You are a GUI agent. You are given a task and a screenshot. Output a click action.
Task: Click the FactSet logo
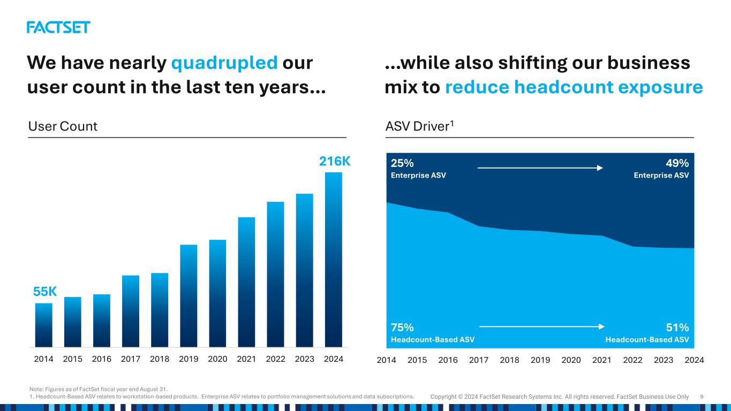pyautogui.click(x=58, y=27)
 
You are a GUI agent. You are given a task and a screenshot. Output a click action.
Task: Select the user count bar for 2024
pyautogui.click(x=333, y=260)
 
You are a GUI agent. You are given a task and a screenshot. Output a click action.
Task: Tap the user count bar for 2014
pyautogui.click(x=43, y=325)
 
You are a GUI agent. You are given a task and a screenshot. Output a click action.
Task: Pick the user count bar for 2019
pyautogui.click(x=189, y=295)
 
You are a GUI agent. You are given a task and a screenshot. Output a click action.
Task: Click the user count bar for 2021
pyautogui.click(x=246, y=281)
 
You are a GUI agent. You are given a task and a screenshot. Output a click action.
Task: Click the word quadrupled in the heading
pyautogui.click(x=224, y=63)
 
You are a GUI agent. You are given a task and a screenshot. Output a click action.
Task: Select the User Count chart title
pyautogui.click(x=63, y=126)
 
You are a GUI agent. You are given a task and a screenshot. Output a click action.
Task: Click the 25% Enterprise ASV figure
pyautogui.click(x=402, y=163)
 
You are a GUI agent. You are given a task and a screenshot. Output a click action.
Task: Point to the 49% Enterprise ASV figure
pyautogui.click(x=678, y=163)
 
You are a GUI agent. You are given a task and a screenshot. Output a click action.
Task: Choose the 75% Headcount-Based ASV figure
pyautogui.click(x=402, y=327)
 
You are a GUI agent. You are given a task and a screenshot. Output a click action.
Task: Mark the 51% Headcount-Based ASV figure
pyautogui.click(x=678, y=327)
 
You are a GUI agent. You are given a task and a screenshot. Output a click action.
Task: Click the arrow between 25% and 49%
pyautogui.click(x=540, y=168)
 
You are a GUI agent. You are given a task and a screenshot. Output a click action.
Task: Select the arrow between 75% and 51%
pyautogui.click(x=541, y=326)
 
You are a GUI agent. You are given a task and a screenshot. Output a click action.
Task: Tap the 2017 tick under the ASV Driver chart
pyautogui.click(x=479, y=360)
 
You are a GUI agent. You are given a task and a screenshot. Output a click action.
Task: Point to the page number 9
pyautogui.click(x=702, y=397)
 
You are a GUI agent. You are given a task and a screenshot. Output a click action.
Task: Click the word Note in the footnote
pyautogui.click(x=35, y=389)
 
